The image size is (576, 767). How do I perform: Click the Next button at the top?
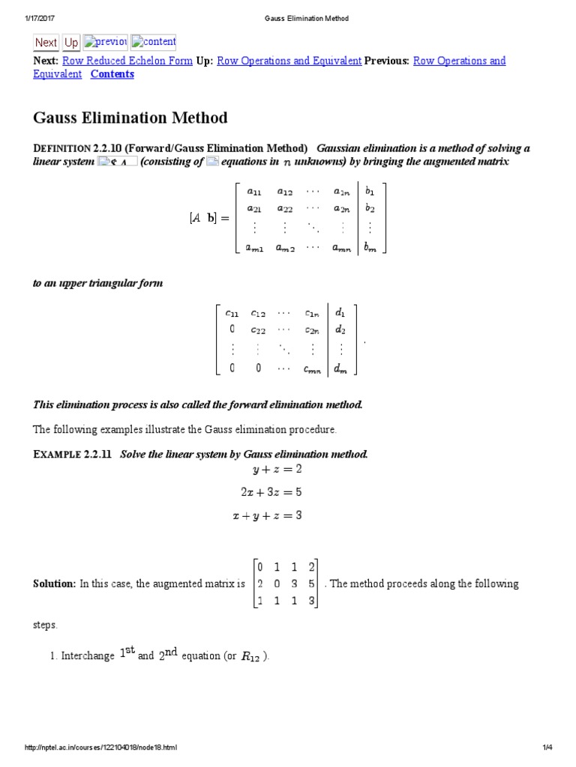(x=46, y=43)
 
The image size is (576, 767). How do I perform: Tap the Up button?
(x=71, y=43)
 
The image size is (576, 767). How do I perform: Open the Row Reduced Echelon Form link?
(x=127, y=61)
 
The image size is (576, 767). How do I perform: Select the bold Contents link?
(x=112, y=73)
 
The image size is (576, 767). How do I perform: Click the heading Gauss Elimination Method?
(x=130, y=118)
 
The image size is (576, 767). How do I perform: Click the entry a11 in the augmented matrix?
(x=255, y=191)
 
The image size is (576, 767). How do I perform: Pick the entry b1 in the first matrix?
(x=370, y=191)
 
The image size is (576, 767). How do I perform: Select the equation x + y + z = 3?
(x=266, y=515)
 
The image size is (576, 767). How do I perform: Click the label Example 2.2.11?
(x=72, y=455)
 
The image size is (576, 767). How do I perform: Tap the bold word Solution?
(x=54, y=583)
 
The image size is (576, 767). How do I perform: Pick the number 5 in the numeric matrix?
(x=310, y=583)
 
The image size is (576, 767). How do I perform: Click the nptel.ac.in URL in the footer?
(x=101, y=748)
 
